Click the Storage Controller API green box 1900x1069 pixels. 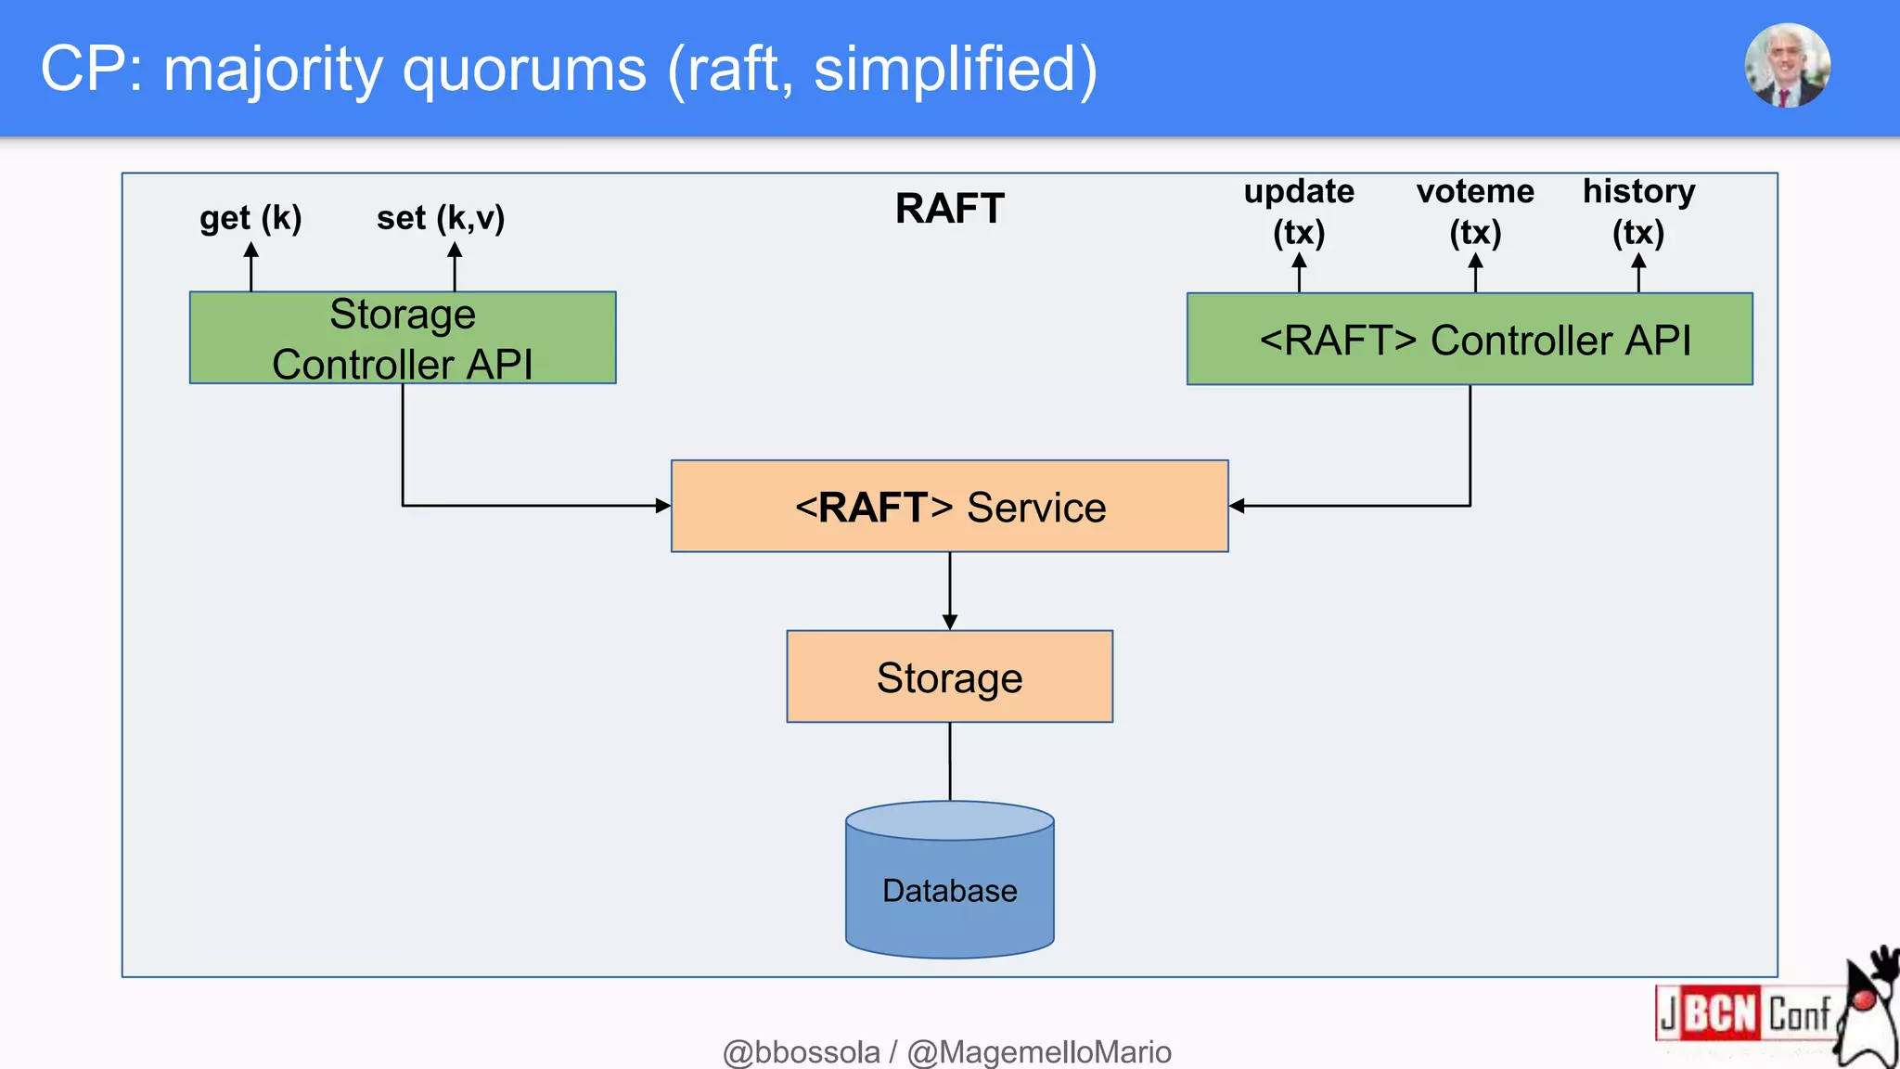(x=402, y=338)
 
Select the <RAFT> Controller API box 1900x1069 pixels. (x=1470, y=339)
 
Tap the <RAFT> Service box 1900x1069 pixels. (x=949, y=507)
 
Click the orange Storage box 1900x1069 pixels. (x=949, y=676)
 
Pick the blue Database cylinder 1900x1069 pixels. (x=949, y=889)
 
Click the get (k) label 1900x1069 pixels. (x=250, y=218)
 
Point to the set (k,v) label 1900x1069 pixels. (x=441, y=218)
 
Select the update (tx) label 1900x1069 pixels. (x=1299, y=212)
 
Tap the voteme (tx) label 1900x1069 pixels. (x=1475, y=212)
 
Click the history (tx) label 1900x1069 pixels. (x=1638, y=212)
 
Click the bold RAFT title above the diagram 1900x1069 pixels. (x=949, y=208)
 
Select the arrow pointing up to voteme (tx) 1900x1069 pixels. (x=1475, y=274)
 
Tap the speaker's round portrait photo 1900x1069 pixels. (x=1787, y=66)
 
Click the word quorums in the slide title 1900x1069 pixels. (x=524, y=70)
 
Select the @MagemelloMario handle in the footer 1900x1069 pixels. (x=1039, y=1052)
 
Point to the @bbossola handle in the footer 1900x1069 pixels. (x=802, y=1052)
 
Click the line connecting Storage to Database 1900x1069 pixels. (x=949, y=761)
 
